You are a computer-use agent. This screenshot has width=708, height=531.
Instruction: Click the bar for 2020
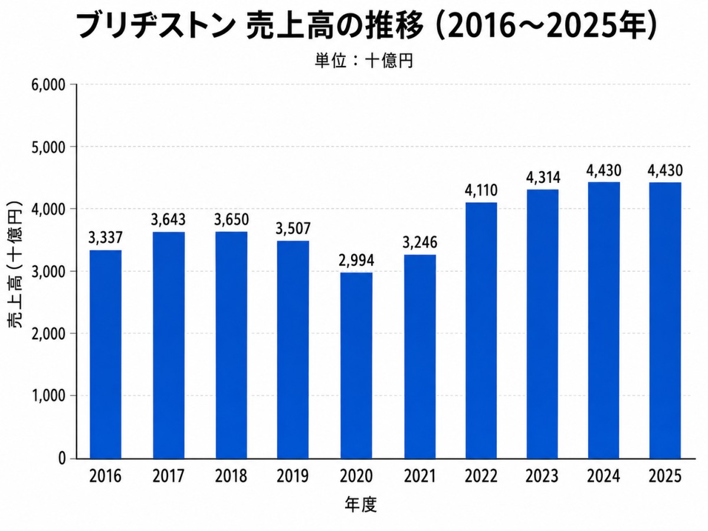356,366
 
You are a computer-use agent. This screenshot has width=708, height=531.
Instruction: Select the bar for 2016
106,355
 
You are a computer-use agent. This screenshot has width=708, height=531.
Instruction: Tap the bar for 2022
481,330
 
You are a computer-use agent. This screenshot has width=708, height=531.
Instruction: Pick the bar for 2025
665,320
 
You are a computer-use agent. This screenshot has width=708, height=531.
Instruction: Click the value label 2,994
356,261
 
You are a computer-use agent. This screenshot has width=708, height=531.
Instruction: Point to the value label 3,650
232,219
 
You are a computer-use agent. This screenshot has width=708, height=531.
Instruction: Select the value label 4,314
543,178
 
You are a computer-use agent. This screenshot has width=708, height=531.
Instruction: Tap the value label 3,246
420,242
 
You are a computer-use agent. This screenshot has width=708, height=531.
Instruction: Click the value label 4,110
481,190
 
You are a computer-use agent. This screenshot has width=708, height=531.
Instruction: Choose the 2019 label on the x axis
293,476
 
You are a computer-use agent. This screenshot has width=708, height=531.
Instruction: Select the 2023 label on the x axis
542,476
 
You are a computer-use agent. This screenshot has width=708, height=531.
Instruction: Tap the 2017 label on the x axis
168,476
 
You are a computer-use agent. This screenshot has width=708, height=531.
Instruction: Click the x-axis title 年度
361,505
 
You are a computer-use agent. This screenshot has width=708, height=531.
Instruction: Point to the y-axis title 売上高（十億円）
15,265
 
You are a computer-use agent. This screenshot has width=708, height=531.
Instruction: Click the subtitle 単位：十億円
364,61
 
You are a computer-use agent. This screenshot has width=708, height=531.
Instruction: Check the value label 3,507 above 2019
293,228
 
